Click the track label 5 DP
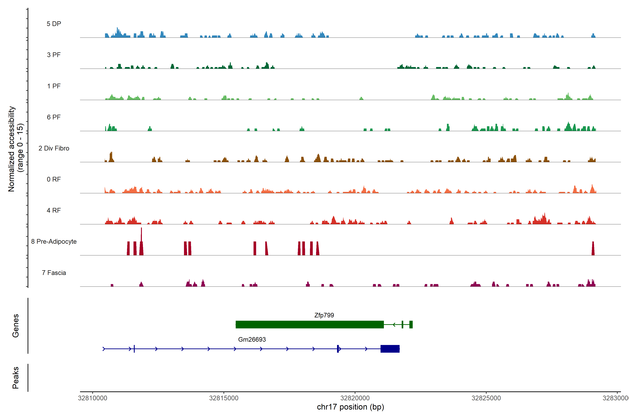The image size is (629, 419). (x=54, y=24)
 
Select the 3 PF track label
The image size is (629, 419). (x=54, y=55)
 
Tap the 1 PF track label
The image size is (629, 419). (x=54, y=86)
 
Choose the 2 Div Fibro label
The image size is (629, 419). (x=54, y=148)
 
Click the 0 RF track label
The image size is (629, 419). (x=54, y=179)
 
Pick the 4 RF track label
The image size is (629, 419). (x=54, y=210)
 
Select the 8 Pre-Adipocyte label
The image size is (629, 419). (x=54, y=242)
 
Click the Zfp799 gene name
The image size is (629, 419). (x=324, y=315)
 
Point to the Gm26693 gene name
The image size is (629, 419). (x=252, y=339)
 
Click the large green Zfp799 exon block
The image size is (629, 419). (x=310, y=324)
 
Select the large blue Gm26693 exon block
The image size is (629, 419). (x=390, y=349)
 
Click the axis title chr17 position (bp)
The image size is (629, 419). (x=350, y=407)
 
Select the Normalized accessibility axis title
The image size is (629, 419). (x=16, y=149)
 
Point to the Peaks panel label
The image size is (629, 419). (x=16, y=378)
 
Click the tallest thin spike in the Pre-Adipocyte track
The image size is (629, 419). (x=142, y=234)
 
